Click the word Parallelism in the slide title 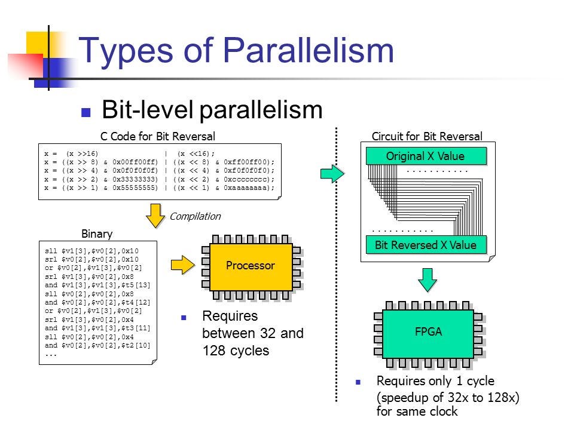309,50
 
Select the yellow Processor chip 251,267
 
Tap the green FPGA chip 428,334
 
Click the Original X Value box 426,156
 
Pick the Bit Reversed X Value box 426,245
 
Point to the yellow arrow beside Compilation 155,216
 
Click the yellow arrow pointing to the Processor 183,265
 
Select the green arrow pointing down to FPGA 427,279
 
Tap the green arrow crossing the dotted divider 332,173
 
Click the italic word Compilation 195,216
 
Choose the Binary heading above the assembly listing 97,234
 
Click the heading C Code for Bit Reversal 158,136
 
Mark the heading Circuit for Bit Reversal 427,136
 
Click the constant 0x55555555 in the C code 135,188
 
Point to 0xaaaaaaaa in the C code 246,188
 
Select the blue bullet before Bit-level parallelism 86,112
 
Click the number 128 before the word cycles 214,351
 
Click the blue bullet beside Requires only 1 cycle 358,382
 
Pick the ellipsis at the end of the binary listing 51,355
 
